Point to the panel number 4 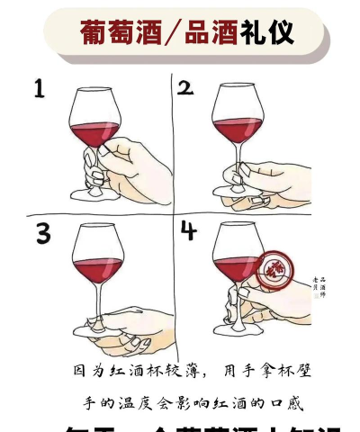point(188,231)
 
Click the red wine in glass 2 point(237,128)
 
